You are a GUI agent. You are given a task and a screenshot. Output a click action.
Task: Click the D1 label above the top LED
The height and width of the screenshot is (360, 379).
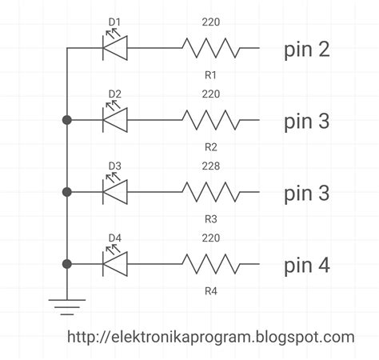[115, 22]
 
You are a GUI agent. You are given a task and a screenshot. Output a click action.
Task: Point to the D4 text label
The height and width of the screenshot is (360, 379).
[115, 238]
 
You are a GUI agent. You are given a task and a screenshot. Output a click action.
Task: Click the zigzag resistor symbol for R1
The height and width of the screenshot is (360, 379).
[211, 48]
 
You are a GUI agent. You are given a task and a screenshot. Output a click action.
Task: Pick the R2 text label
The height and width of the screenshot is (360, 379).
[211, 147]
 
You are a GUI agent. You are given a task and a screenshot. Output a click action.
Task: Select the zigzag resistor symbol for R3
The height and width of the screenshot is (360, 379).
[211, 192]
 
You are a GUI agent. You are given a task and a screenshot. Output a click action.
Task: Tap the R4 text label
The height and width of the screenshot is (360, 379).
[211, 290]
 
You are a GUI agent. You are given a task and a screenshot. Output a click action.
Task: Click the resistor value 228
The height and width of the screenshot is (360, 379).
[211, 166]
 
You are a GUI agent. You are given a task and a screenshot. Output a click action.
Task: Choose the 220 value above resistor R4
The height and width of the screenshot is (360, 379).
[211, 238]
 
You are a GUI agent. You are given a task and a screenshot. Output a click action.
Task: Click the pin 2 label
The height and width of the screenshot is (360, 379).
[307, 50]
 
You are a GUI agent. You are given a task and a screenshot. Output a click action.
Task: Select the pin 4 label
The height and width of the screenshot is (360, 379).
[307, 265]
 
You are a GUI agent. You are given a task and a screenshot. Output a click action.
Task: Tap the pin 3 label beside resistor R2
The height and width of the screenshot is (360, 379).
[307, 122]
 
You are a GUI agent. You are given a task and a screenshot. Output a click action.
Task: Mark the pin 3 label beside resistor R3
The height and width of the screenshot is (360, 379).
[307, 194]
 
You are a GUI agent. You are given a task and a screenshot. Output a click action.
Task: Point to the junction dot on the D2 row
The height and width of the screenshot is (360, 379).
[66, 120]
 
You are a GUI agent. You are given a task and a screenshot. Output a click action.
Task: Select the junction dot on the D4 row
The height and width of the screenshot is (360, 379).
[66, 264]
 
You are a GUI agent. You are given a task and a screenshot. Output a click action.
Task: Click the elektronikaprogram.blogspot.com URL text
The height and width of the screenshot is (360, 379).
[211, 338]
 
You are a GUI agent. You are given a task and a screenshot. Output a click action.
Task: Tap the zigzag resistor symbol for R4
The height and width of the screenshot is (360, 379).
[211, 264]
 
